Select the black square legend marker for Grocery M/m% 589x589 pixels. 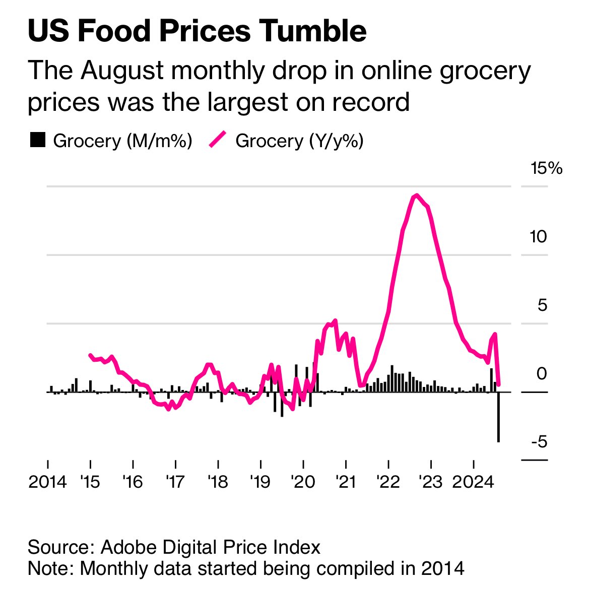(x=38, y=140)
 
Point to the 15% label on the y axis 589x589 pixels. (x=546, y=168)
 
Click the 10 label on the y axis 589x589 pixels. (x=538, y=236)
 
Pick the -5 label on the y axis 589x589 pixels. (x=539, y=442)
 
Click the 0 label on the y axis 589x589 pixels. (x=542, y=373)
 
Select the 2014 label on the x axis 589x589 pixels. (x=47, y=482)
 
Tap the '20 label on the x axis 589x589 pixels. (x=303, y=482)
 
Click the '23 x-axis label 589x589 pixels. (x=431, y=482)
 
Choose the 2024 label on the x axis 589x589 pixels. (x=473, y=482)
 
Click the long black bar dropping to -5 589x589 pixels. (x=498, y=418)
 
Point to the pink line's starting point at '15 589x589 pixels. (x=90, y=355)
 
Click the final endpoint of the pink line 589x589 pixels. (x=498, y=384)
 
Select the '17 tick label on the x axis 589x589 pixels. (x=175, y=482)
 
